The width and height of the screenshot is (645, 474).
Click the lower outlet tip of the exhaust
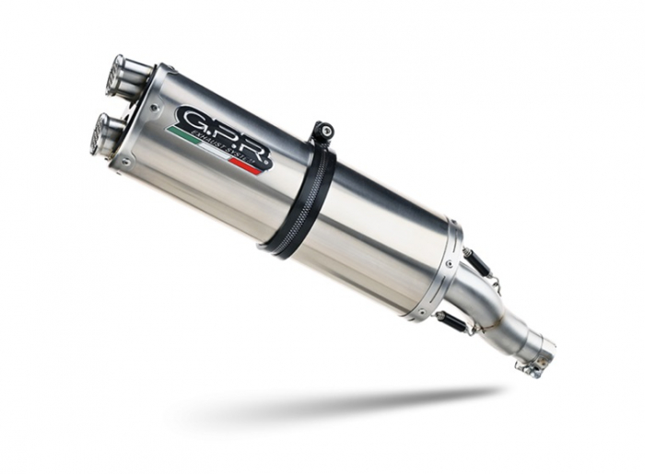pos(102,133)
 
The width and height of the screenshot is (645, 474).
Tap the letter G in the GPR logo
pos(191,119)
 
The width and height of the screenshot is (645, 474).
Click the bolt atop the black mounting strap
pos(320,130)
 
